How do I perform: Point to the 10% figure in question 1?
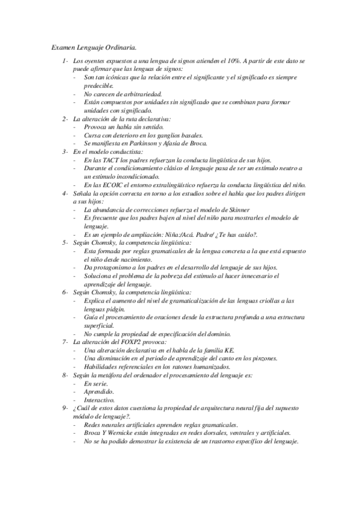233,61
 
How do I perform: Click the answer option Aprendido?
100,391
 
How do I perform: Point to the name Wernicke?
132,432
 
